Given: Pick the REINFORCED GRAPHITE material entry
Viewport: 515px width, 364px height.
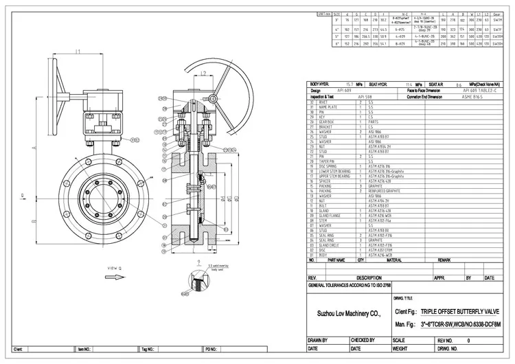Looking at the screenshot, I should [x=385, y=190].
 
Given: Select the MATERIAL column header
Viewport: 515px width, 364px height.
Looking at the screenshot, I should [x=394, y=260].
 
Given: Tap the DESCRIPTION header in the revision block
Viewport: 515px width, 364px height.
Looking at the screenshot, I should [x=368, y=278].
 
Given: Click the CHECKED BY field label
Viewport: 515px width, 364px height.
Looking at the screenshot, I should [x=363, y=340].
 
